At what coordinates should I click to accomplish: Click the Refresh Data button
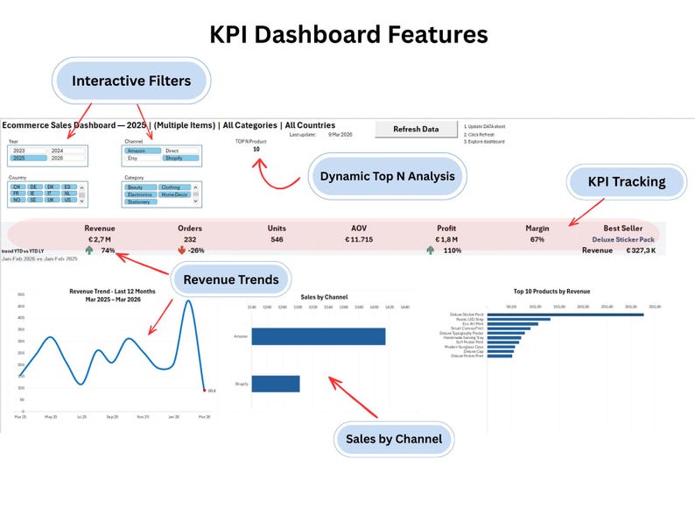(x=416, y=129)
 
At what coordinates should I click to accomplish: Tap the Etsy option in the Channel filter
(x=133, y=159)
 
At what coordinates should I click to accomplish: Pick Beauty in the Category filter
(x=137, y=187)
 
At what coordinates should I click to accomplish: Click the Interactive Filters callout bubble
(x=130, y=81)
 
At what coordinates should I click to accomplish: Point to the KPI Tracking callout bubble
(x=627, y=182)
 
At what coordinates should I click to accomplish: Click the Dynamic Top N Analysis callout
(x=387, y=176)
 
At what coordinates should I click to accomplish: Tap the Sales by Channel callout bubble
(x=393, y=438)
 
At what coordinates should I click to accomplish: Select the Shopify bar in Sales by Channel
(x=275, y=384)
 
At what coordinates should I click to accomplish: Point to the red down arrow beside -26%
(x=181, y=250)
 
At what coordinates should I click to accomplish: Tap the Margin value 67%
(x=537, y=239)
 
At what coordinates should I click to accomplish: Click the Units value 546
(x=277, y=239)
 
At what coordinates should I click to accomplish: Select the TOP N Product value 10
(x=256, y=149)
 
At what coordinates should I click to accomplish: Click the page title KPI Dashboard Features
(x=347, y=34)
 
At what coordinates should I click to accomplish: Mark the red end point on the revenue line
(x=204, y=391)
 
